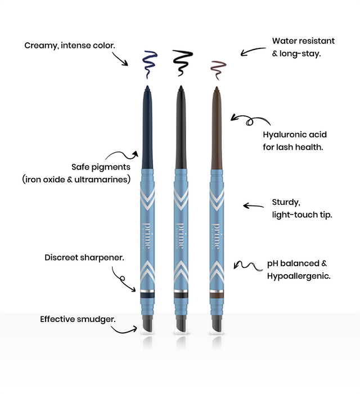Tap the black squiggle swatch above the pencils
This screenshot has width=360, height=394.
[x=182, y=62]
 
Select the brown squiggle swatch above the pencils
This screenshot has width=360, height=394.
[x=216, y=68]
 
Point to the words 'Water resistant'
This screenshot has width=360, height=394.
[x=303, y=41]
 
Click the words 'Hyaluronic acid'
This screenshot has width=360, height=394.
[x=295, y=135]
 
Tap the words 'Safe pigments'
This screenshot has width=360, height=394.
[x=101, y=167]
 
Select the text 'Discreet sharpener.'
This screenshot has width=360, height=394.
[x=84, y=257]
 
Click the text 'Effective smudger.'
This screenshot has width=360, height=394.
[x=78, y=319]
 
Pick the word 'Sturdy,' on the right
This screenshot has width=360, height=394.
[x=286, y=202]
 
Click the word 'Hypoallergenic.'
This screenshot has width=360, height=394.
[x=299, y=276]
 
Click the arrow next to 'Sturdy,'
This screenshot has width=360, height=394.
[x=254, y=207]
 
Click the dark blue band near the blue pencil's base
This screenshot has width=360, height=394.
[x=146, y=294]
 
